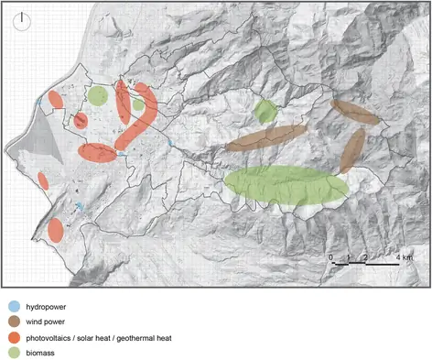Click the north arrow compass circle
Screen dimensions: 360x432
(22, 21)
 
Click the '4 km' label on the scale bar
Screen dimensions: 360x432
(404, 258)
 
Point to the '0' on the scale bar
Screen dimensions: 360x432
(331, 258)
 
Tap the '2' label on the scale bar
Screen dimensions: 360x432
(365, 258)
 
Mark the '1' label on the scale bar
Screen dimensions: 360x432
(349, 258)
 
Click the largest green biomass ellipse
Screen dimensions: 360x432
(286, 185)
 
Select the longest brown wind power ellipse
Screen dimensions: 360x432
(265, 138)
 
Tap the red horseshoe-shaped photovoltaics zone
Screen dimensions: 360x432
(137, 115)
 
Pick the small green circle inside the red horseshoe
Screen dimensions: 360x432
(137, 104)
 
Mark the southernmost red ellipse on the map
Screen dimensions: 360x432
(55, 230)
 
